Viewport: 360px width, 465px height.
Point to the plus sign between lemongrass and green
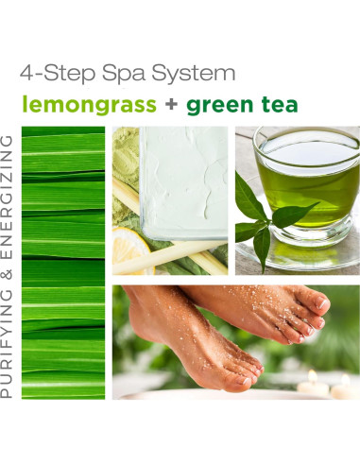coord(171,104)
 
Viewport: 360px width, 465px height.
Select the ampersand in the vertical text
coord(9,268)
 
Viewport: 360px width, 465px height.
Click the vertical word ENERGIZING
coord(9,195)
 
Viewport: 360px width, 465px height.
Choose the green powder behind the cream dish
coord(123,151)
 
